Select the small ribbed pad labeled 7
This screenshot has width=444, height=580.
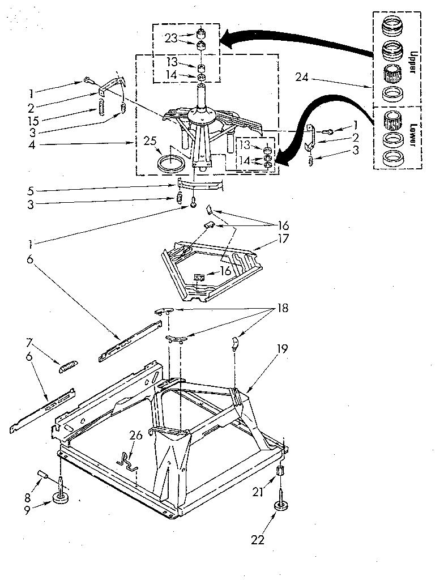(x=67, y=366)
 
